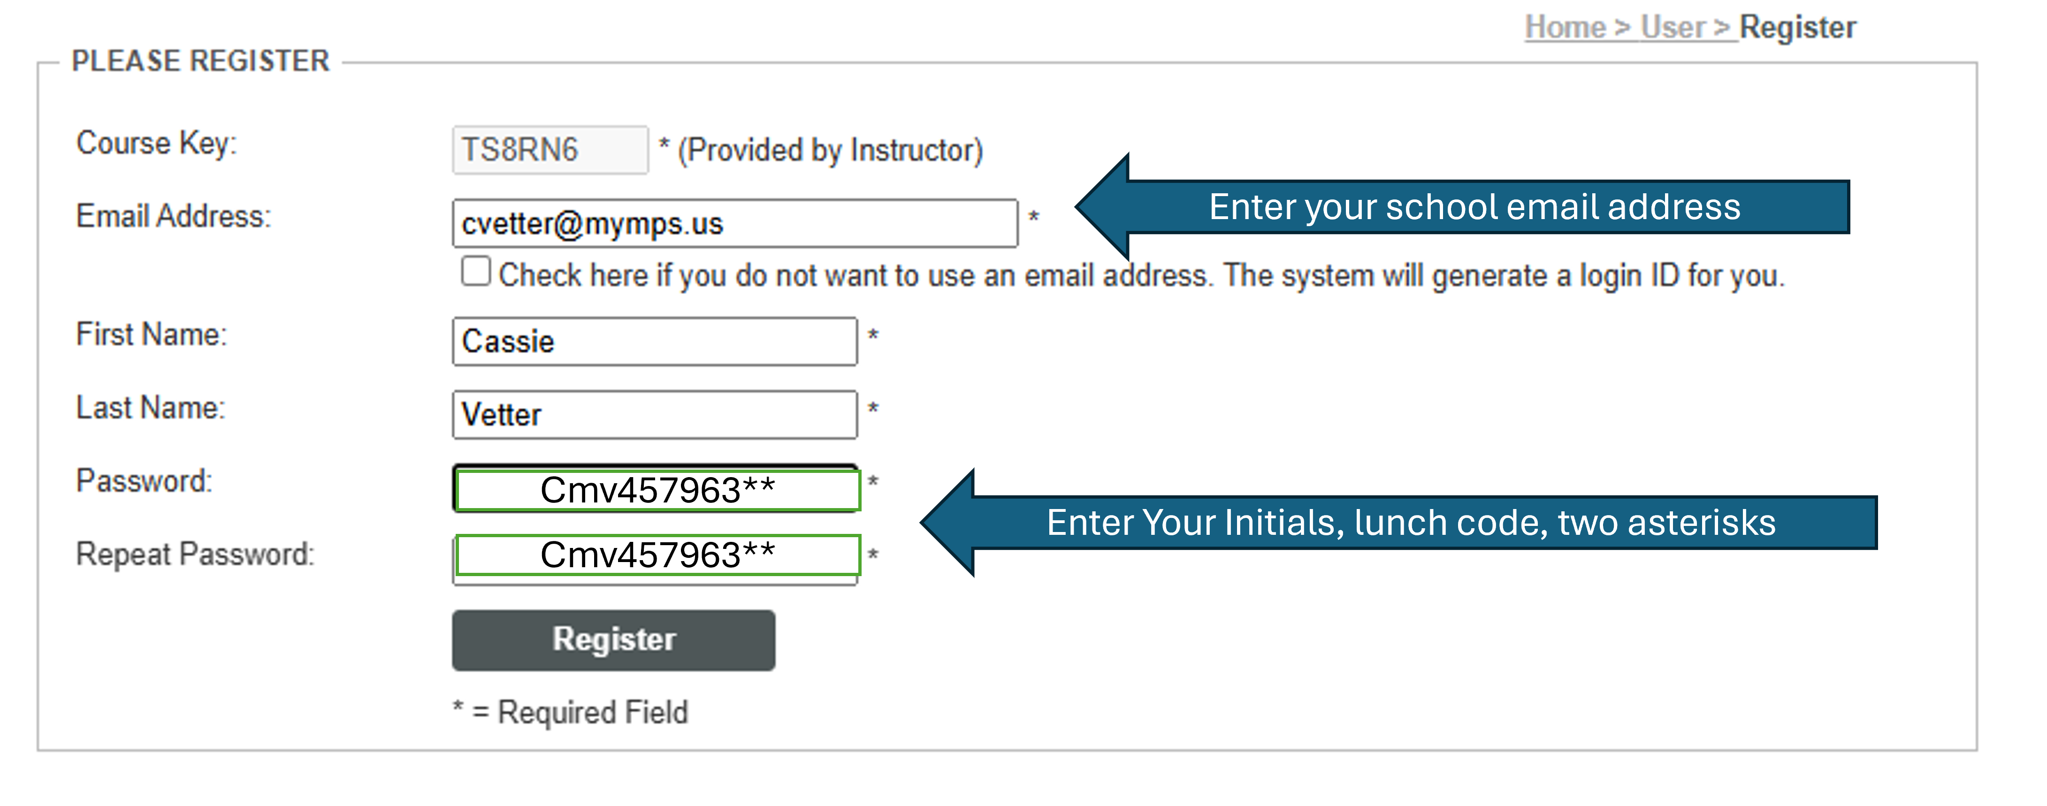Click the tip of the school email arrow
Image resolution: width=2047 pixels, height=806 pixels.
[x=1076, y=206]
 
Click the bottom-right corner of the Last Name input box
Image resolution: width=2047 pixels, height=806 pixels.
[x=857, y=438]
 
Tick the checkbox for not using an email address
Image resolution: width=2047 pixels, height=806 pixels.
[x=476, y=271]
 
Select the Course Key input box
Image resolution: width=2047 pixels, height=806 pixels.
[x=550, y=150]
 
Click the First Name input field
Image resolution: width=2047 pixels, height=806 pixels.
[x=655, y=342]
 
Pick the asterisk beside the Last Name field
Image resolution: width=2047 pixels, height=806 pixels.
[x=872, y=408]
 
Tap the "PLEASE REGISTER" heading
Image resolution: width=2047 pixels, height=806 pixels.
[x=200, y=61]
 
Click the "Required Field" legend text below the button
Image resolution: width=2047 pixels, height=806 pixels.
[x=593, y=712]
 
